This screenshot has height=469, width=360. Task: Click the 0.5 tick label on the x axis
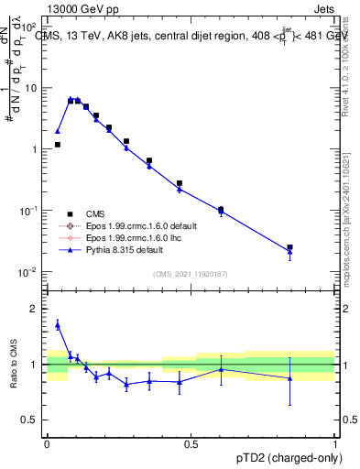[x=191, y=443]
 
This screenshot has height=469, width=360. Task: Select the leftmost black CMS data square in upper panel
[x=57, y=145]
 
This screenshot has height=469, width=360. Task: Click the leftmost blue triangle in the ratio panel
[x=57, y=324]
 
